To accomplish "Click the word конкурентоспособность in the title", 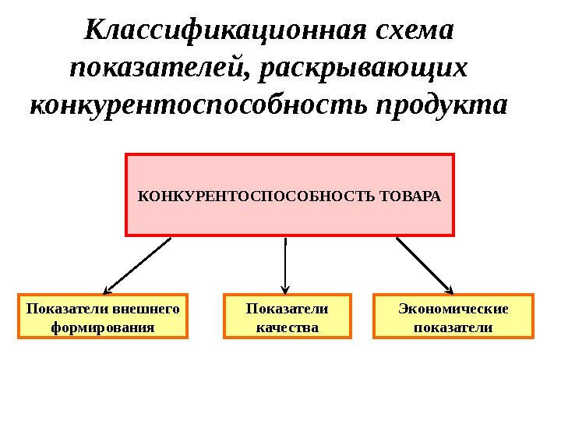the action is (199, 104).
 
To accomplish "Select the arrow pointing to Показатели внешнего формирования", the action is (137, 264).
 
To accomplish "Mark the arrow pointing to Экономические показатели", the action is (425, 264).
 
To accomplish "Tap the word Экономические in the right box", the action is (453, 309).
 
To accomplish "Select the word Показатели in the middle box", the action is (288, 309).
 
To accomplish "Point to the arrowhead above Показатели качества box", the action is (286, 288).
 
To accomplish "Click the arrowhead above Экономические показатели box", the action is (447, 286).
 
